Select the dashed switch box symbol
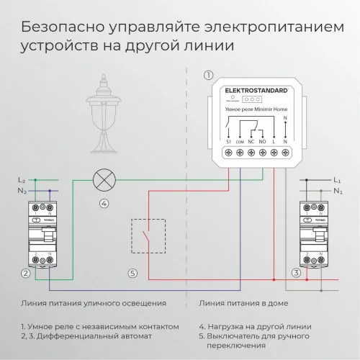click(x=149, y=235)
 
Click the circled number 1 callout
click(x=209, y=74)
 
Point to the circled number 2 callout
click(x=26, y=273)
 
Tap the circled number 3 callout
click(x=295, y=273)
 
